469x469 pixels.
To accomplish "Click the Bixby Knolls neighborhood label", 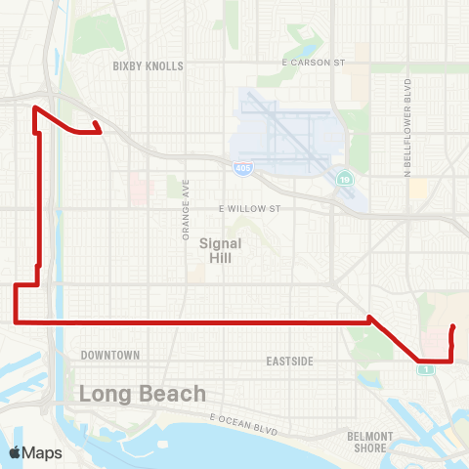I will click(149, 66).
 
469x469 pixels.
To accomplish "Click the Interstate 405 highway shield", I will click(240, 169).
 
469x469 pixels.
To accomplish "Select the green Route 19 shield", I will click(345, 179).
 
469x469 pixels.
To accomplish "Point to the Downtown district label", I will click(110, 355).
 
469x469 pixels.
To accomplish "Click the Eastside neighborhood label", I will click(289, 362).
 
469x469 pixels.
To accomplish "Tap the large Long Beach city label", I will click(143, 394).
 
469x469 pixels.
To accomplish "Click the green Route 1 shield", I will click(425, 368).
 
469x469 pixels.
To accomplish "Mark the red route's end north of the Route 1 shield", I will click(453, 327).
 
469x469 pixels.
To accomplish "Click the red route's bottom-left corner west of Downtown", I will click(15, 320).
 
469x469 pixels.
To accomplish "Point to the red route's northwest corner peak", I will click(35, 107).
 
